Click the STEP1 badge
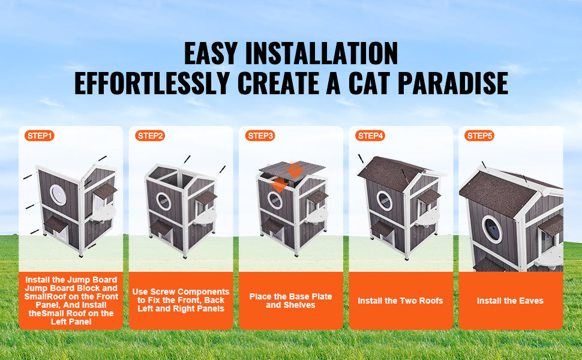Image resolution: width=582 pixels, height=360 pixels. point(40,136)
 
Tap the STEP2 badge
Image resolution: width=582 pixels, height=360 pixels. point(150,136)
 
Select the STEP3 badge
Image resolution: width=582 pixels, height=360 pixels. point(260,136)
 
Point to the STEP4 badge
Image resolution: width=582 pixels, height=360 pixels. point(370,136)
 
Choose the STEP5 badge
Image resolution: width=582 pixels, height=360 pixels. point(480,136)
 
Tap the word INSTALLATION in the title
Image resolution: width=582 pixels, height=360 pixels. point(325,54)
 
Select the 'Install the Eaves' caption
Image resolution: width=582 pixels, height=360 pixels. point(510,301)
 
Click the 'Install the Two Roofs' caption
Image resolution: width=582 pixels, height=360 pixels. point(400,301)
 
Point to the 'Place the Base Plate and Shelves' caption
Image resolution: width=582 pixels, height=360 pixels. point(290,301)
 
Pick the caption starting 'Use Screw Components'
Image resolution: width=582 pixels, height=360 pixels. point(181,301)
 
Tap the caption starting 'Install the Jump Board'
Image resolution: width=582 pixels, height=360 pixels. point(70,301)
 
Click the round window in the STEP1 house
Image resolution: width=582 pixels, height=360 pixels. point(58,194)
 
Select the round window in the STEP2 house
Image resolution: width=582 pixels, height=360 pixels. point(163,201)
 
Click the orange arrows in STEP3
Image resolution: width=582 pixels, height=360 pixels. point(286,178)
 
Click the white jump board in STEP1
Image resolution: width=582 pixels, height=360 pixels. point(103,213)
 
